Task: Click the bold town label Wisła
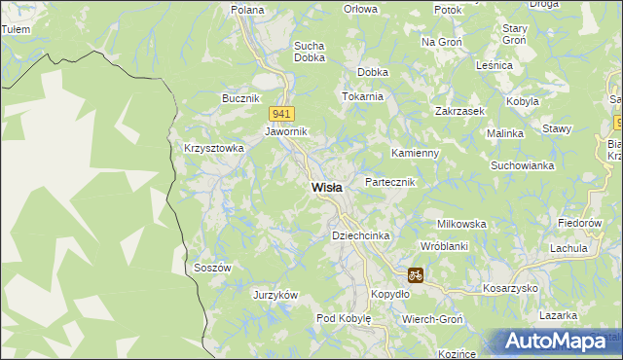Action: click(326, 188)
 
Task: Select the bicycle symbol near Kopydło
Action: click(416, 275)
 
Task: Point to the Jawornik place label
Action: click(286, 131)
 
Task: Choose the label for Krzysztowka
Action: click(213, 148)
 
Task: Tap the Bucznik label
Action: click(240, 99)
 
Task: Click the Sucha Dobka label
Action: click(309, 51)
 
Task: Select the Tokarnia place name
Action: click(363, 97)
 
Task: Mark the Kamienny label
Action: click(416, 154)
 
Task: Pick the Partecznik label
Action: click(389, 182)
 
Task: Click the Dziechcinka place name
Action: click(361, 236)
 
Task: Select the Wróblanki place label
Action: click(445, 247)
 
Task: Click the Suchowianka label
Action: click(523, 165)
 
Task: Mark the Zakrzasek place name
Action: click(460, 112)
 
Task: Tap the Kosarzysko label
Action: click(511, 289)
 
